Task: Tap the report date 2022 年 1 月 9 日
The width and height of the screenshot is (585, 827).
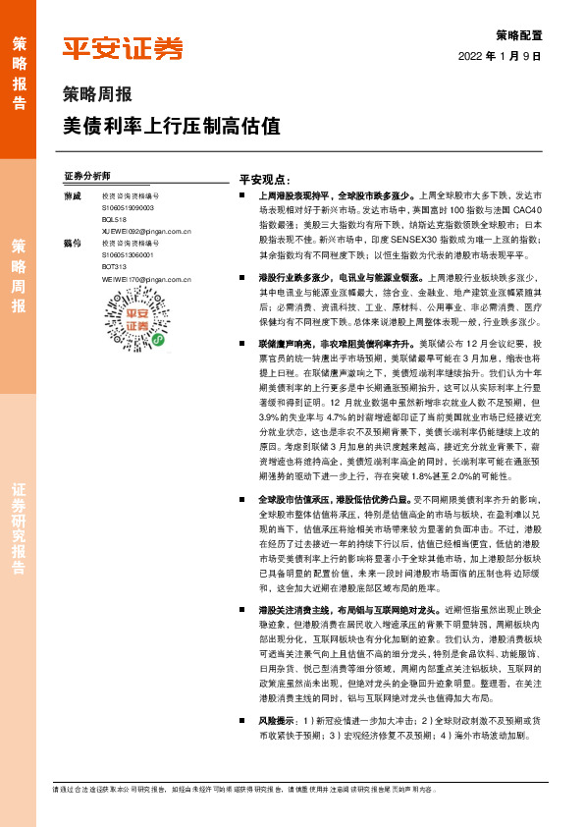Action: coord(500,57)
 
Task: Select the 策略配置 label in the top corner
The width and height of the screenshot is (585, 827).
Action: coord(518,33)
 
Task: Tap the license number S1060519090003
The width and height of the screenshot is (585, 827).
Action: coord(128,209)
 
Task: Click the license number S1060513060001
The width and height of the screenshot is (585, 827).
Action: coord(128,255)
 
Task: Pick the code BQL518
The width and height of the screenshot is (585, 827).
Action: coord(114,221)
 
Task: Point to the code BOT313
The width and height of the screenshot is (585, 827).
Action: coord(114,266)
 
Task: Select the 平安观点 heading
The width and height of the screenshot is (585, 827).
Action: coord(264,180)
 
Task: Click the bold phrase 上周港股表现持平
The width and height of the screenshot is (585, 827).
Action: coord(293,197)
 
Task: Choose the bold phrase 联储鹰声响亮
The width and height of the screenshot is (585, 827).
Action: coord(288,345)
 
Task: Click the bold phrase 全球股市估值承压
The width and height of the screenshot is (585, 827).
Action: coord(293,500)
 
